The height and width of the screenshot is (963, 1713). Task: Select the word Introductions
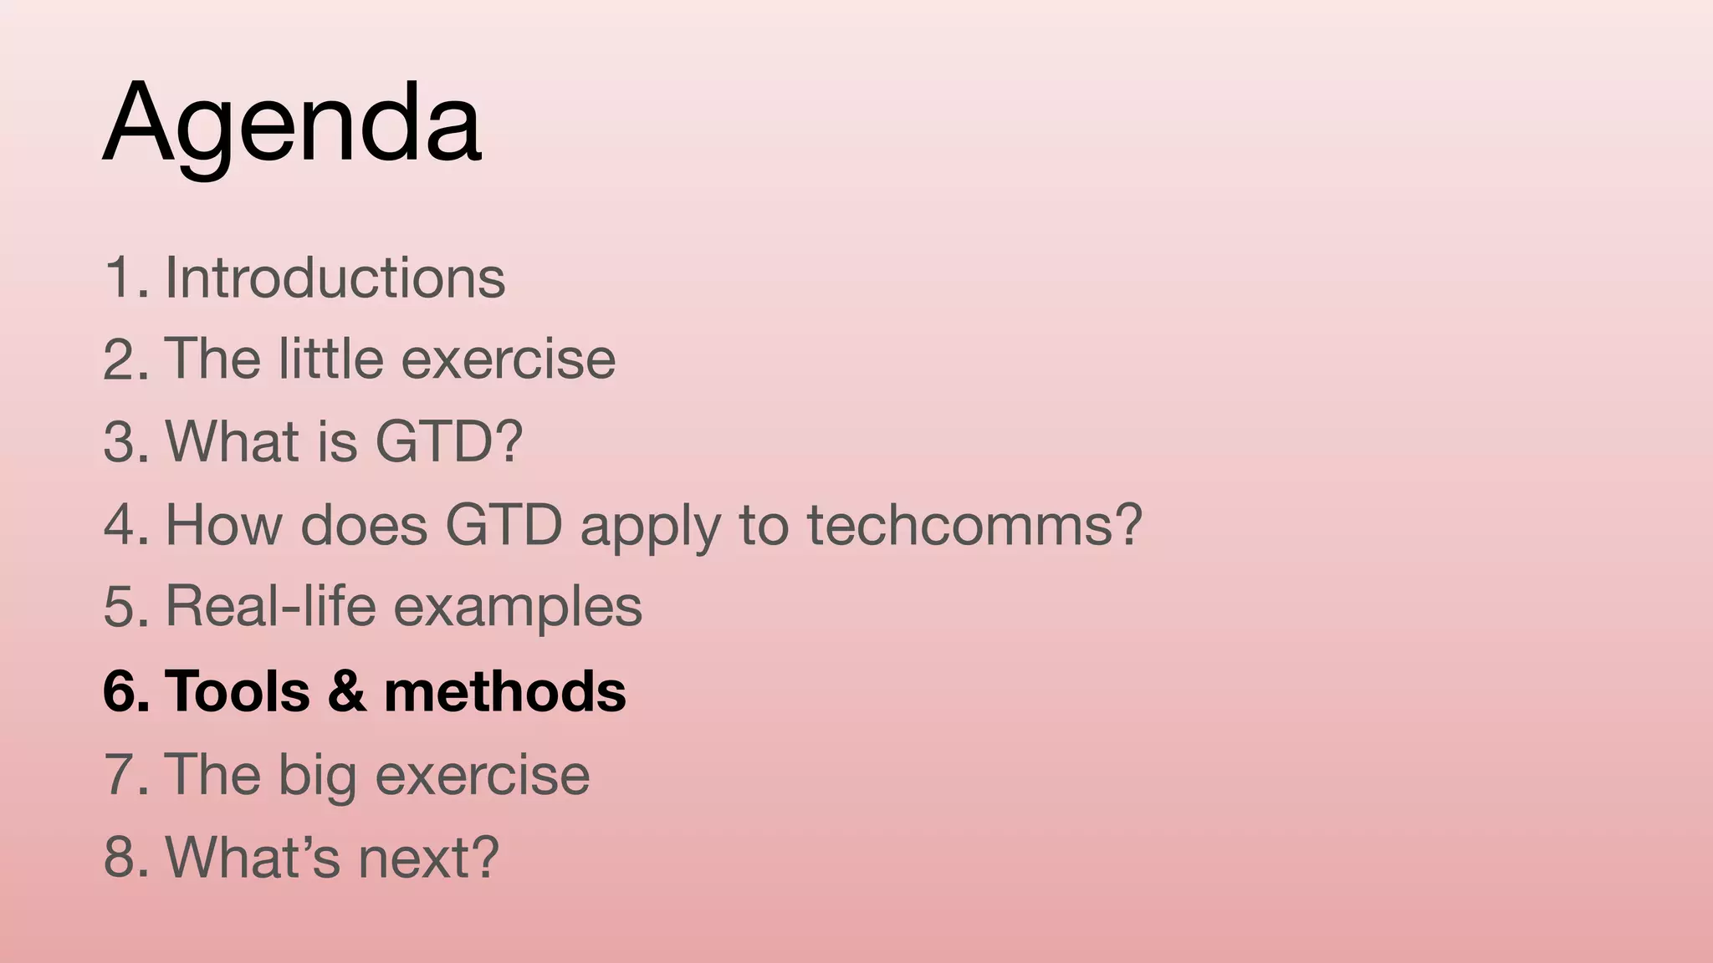point(335,278)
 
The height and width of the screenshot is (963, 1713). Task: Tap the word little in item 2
point(330,359)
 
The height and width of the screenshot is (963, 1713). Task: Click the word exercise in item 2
point(509,359)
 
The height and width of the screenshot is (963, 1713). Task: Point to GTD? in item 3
point(448,441)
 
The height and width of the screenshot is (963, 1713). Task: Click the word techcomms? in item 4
point(974,525)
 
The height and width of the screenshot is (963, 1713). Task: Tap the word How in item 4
point(222,525)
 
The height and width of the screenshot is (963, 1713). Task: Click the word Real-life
point(271,606)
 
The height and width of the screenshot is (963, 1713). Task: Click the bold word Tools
point(238,691)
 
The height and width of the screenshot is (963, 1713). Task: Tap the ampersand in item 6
point(347,691)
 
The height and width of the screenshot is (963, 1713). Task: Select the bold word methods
point(504,691)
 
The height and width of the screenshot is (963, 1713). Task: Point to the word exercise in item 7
point(483,774)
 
